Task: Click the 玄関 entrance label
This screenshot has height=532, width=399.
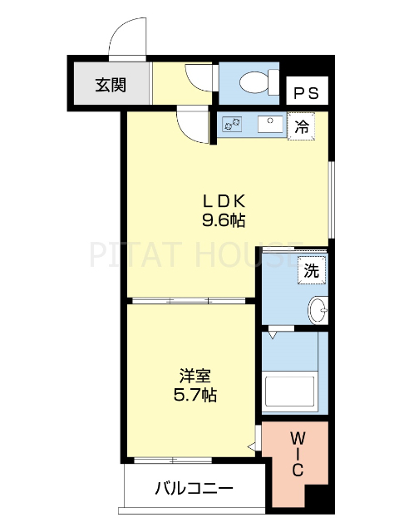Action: point(110,84)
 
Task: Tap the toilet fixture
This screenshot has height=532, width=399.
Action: point(254,82)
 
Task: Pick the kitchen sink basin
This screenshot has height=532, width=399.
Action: point(269,125)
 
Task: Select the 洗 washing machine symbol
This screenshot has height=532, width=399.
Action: point(310,270)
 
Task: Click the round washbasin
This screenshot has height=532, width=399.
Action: point(318,310)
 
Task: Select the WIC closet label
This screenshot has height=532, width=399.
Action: point(297,453)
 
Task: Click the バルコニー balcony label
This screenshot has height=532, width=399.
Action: point(194,489)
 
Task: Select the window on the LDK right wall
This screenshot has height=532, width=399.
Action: point(331,199)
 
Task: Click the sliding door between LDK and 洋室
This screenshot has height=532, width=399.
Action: point(191,300)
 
